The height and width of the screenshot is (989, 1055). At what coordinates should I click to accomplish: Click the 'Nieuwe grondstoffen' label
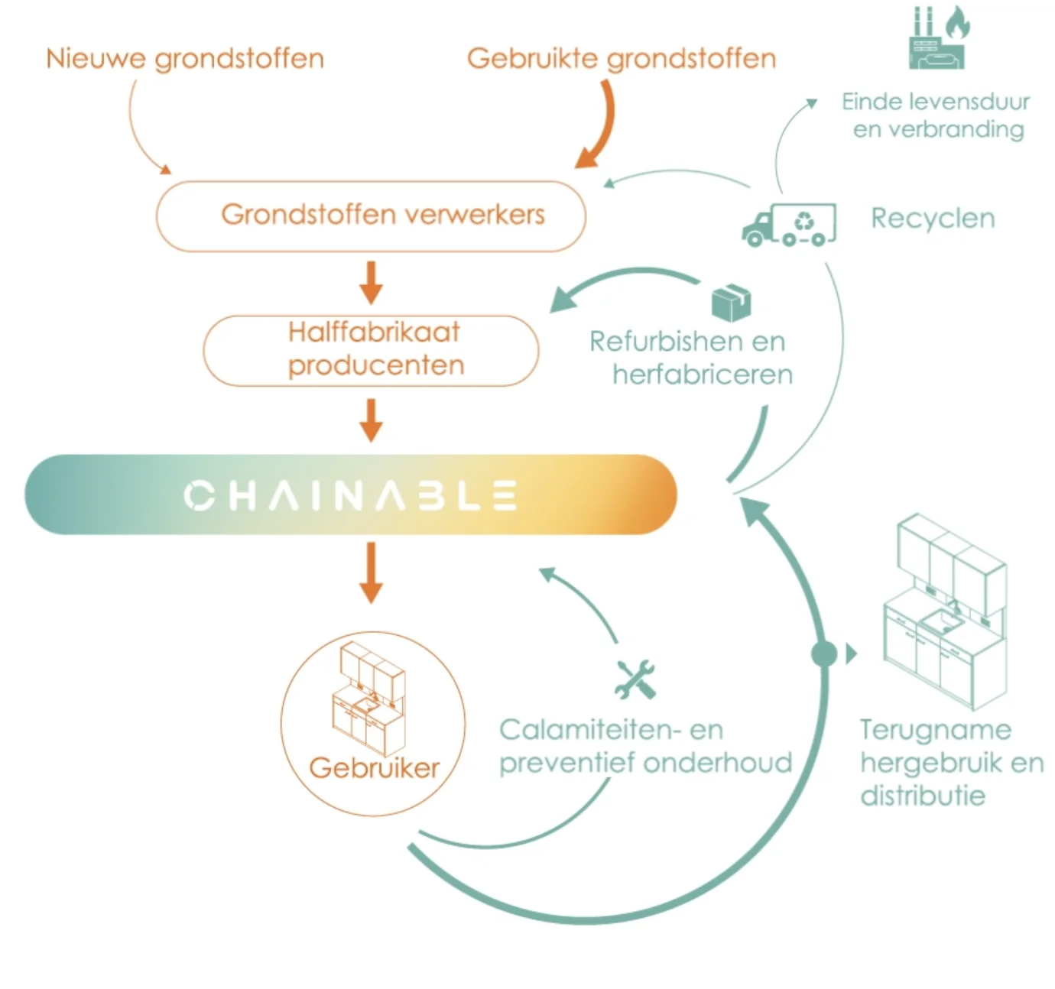tap(185, 59)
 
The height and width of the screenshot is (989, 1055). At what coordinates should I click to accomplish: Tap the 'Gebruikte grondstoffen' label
tap(621, 59)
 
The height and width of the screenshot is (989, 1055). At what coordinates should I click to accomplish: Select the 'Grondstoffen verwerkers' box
tap(372, 216)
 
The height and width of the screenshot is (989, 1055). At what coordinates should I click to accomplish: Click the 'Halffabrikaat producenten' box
tap(372, 349)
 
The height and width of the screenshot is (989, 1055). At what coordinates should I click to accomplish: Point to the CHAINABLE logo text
tap(350, 495)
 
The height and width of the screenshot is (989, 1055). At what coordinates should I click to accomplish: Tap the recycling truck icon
tap(788, 225)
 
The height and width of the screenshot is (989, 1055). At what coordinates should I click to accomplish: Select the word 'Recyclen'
tap(933, 219)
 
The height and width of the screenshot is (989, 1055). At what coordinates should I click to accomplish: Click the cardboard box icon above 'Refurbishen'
tap(731, 303)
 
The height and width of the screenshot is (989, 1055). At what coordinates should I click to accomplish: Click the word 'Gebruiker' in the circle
tap(374, 767)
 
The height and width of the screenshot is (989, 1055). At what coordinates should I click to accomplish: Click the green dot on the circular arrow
tap(823, 654)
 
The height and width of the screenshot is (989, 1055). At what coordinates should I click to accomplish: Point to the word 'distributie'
tap(922, 796)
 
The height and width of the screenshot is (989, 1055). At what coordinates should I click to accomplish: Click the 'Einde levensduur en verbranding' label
tap(937, 115)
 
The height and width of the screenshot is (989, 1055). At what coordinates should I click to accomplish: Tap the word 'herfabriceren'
tap(702, 375)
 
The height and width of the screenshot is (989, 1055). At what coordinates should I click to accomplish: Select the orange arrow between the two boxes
tap(372, 283)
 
